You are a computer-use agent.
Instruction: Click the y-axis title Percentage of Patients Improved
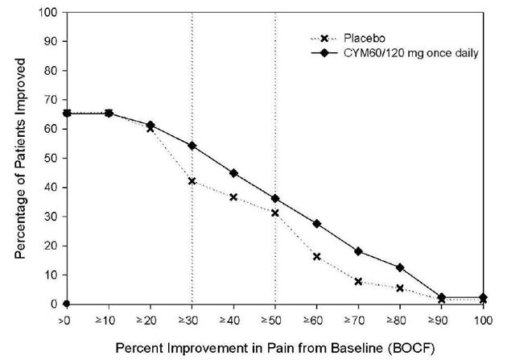tap(20, 159)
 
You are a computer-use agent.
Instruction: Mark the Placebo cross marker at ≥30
tap(192, 181)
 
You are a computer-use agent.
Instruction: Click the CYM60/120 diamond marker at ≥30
tap(192, 146)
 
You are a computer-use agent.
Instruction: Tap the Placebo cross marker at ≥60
tap(316, 257)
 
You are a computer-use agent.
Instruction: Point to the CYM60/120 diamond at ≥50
tap(274, 198)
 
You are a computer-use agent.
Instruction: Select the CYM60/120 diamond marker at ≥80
tap(400, 267)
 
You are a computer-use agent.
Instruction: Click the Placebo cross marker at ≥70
tap(358, 282)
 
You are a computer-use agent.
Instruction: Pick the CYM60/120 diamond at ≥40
tap(233, 173)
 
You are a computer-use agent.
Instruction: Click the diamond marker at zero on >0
tap(66, 304)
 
